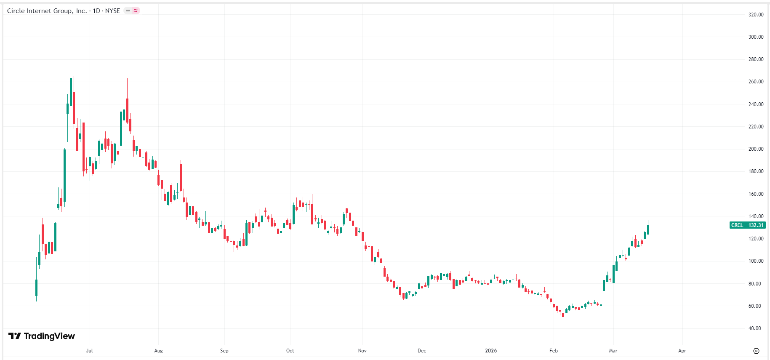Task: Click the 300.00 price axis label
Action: tap(756, 37)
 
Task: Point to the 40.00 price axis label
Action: tap(754, 328)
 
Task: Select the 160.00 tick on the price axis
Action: tap(756, 194)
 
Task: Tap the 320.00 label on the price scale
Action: tap(756, 15)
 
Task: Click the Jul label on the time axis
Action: tap(89, 351)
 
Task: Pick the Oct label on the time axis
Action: tap(290, 351)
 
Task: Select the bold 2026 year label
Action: tap(491, 351)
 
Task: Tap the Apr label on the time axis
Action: tap(682, 351)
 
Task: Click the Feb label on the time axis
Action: tap(554, 351)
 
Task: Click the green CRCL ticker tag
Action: tap(737, 225)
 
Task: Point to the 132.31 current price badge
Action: tap(756, 225)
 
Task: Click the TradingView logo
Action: tap(42, 336)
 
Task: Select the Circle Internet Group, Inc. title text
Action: tap(47, 11)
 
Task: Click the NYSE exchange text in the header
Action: tap(112, 11)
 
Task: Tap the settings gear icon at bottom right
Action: tap(756, 351)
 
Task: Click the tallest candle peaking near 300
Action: tap(71, 91)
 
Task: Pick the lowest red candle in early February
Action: tap(563, 314)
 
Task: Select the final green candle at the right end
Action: tap(648, 229)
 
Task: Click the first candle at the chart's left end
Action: tap(36, 288)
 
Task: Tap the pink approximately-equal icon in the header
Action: tap(136, 11)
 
